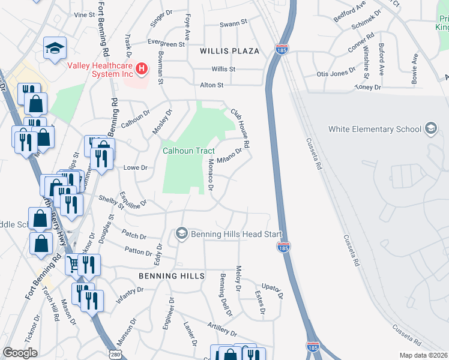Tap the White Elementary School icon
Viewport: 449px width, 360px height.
tap(430, 128)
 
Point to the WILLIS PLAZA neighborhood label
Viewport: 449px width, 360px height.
tap(230, 51)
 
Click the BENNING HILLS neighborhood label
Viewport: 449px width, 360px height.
tap(172, 275)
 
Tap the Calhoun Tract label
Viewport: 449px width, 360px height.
tap(188, 151)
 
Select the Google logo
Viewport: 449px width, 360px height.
tap(20, 353)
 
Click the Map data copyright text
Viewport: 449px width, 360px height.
tap(424, 355)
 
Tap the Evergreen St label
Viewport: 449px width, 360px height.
tap(166, 44)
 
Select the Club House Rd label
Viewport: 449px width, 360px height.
tap(241, 128)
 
